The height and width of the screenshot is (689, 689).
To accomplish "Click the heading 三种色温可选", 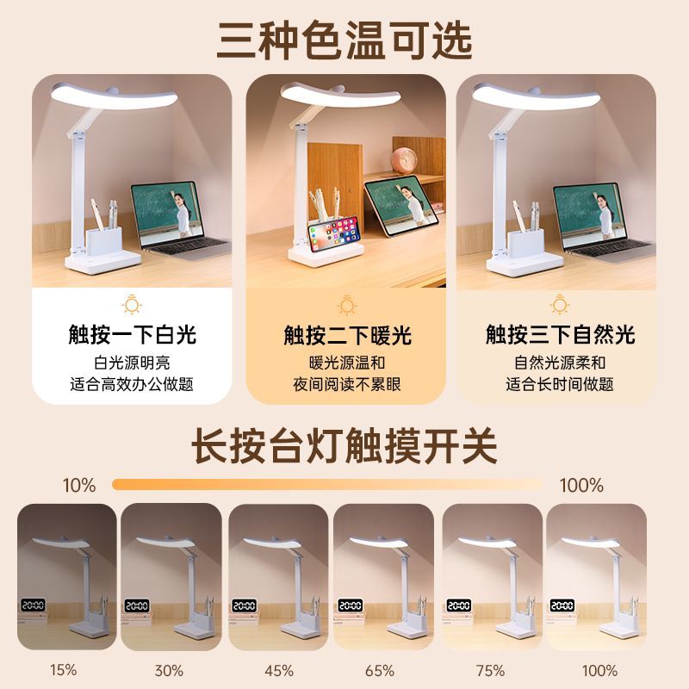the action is pos(344,40).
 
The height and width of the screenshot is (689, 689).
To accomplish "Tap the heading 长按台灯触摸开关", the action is pos(344,446).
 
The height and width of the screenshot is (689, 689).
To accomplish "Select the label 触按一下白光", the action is pos(132,334).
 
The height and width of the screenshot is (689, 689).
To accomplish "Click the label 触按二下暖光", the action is pos(347,335).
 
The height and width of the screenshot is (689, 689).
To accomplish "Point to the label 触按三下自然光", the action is pos(561,334).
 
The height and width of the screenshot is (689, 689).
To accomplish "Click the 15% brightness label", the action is pos(63,670).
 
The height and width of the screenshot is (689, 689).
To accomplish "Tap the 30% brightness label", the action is pos(169,671).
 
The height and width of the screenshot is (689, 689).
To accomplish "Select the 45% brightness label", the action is pos(279,671).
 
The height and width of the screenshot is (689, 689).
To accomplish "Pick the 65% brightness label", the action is pos(380,671).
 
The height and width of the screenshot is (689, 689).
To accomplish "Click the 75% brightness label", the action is pos(490,671).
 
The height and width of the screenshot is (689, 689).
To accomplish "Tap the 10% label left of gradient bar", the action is pos(79,486).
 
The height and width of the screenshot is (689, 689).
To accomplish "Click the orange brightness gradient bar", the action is pos(327,484).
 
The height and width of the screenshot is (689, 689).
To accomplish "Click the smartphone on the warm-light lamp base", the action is pos(334,234).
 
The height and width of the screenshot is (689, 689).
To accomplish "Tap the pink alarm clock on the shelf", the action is pos(404,160).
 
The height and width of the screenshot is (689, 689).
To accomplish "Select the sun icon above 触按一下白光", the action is pos(132,304).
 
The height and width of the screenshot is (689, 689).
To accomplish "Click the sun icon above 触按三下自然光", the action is pos(560,304).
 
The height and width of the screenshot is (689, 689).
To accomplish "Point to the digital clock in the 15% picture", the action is pos(34,605).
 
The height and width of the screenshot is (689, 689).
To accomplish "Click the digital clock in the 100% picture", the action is pos(562,605).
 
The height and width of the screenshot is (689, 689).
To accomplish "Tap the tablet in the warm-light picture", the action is pos(401,205).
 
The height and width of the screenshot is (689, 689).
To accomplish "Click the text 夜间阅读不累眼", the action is pos(347,384).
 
